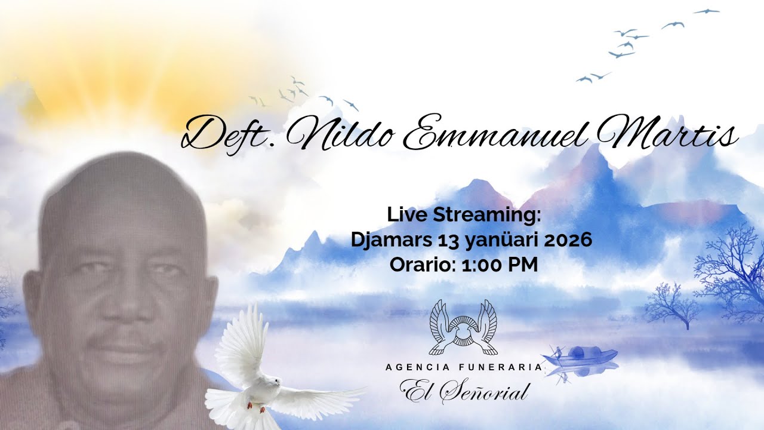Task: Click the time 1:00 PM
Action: (500, 265)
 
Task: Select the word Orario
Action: (423, 265)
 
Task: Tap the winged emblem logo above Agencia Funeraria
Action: (463, 327)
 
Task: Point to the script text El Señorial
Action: (464, 391)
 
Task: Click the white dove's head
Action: (272, 382)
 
